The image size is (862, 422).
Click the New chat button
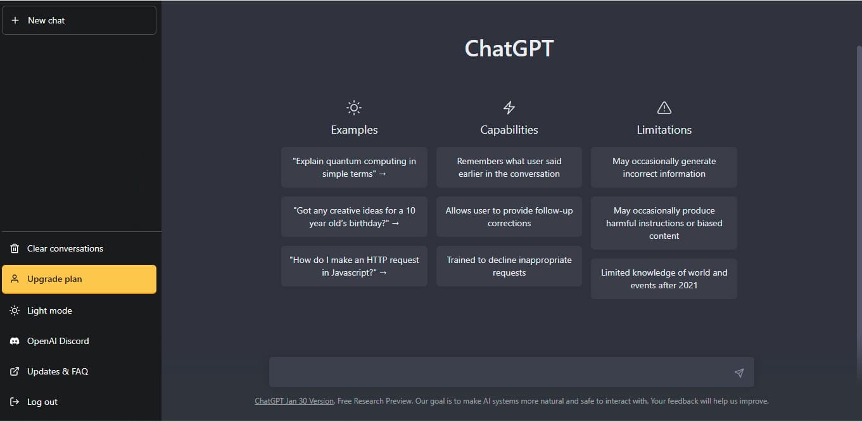79,20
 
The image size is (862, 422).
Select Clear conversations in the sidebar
65,248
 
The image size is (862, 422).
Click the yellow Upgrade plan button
79,279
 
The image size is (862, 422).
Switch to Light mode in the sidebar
49,310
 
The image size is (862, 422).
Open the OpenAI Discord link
58,341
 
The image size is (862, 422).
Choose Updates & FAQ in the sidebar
57,371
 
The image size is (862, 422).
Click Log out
42,402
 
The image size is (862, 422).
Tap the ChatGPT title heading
509,49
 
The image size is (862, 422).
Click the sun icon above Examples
354,108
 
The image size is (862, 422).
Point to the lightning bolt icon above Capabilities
509,108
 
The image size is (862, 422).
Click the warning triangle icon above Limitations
664,108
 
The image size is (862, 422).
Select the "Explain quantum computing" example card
354,167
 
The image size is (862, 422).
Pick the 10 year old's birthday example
354,217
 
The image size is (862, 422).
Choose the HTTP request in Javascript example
354,266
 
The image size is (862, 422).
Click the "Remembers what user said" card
509,167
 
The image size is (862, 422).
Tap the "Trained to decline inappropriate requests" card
509,266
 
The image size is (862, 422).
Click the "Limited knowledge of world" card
664,279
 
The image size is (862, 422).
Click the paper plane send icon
738,373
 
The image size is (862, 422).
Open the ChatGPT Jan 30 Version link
294,401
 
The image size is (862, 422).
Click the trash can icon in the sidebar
15,248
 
